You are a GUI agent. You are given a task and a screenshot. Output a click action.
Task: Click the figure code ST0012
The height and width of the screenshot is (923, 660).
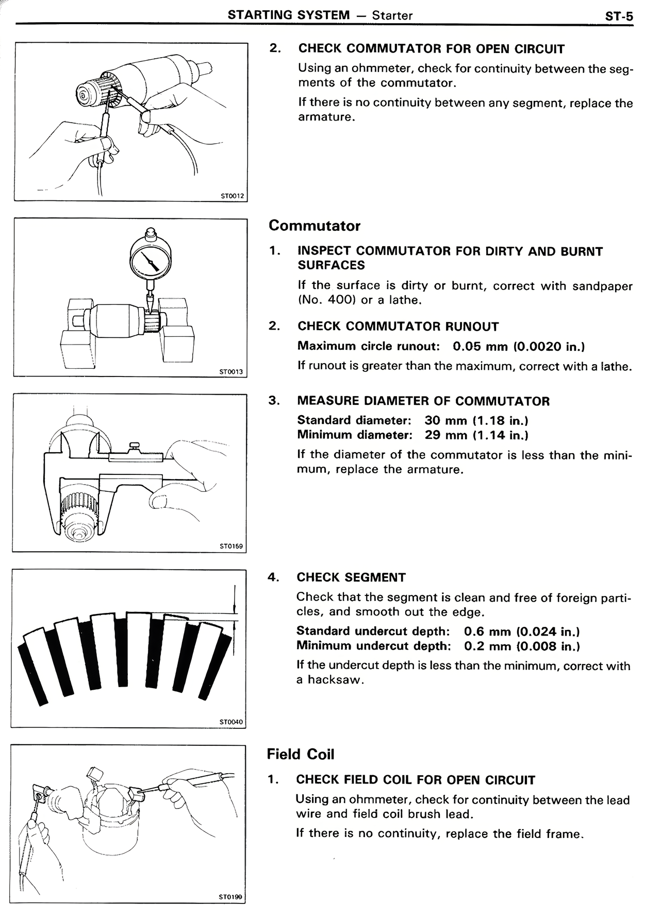pos(232,196)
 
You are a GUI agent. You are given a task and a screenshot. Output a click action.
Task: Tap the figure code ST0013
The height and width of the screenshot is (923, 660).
pos(230,371)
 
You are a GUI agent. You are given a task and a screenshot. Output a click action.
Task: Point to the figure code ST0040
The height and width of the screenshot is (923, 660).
pos(230,722)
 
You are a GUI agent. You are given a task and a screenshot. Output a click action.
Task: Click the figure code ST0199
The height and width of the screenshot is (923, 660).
pos(230,897)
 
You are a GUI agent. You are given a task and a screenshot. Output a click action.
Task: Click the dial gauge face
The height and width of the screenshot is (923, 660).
pos(151,260)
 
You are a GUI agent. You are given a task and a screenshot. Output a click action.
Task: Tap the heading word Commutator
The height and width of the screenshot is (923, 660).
pos(315,226)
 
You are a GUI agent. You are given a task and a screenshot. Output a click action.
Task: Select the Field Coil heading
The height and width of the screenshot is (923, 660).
pos(301,754)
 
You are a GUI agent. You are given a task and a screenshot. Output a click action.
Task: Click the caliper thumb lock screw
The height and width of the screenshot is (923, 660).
pos(136,446)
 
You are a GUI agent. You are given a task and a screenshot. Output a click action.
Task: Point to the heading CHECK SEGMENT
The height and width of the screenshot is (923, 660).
pos(351,577)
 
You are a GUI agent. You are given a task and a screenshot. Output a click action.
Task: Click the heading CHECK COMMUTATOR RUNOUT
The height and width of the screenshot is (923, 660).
pos(398,327)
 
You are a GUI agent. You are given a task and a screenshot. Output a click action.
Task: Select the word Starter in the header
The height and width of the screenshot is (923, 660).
pos(392,15)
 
